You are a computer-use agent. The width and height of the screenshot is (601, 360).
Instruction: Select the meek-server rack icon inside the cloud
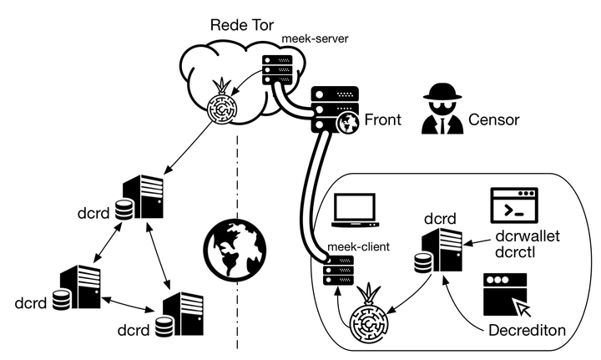275,69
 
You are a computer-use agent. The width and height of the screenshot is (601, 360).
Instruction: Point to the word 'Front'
382,119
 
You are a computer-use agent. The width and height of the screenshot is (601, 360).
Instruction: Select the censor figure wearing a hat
440,109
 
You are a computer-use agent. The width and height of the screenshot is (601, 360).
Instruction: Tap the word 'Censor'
493,119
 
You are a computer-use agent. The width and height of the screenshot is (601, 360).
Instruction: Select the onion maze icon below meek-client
368,319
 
